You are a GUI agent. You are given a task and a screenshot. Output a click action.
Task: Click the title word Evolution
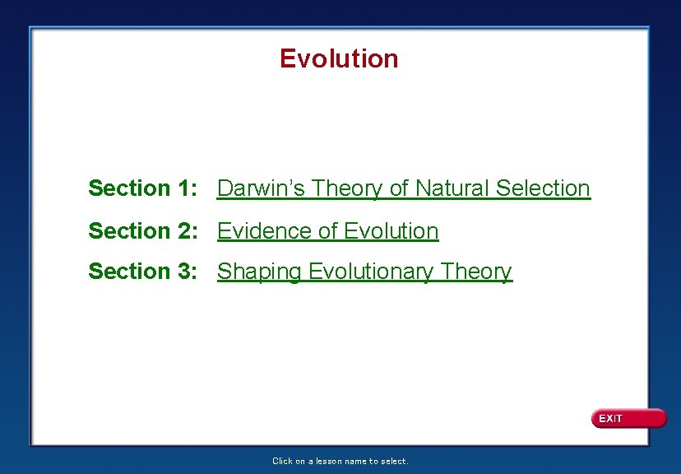pos(339,58)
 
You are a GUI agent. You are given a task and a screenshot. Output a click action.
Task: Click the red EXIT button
pos(628,419)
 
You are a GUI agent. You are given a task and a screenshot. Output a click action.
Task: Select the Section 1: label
pos(141,188)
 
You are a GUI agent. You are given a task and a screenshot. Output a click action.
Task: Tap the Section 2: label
pos(141,231)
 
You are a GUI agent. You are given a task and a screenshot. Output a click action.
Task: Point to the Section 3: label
pos(141,272)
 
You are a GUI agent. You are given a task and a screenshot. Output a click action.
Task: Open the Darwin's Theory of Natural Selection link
pos(403,188)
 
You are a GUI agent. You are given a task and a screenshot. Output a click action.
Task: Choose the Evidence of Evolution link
pos(327,231)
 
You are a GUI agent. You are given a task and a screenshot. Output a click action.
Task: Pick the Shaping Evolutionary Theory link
pos(364,272)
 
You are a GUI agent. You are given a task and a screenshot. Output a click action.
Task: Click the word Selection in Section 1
pos(543,188)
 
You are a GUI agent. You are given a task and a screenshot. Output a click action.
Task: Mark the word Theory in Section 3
pos(476,272)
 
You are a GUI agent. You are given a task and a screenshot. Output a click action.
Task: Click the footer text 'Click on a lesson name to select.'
pos(340,462)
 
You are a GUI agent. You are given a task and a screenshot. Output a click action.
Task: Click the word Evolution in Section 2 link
pos(391,231)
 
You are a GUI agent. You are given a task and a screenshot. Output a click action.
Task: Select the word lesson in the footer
pos(327,462)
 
